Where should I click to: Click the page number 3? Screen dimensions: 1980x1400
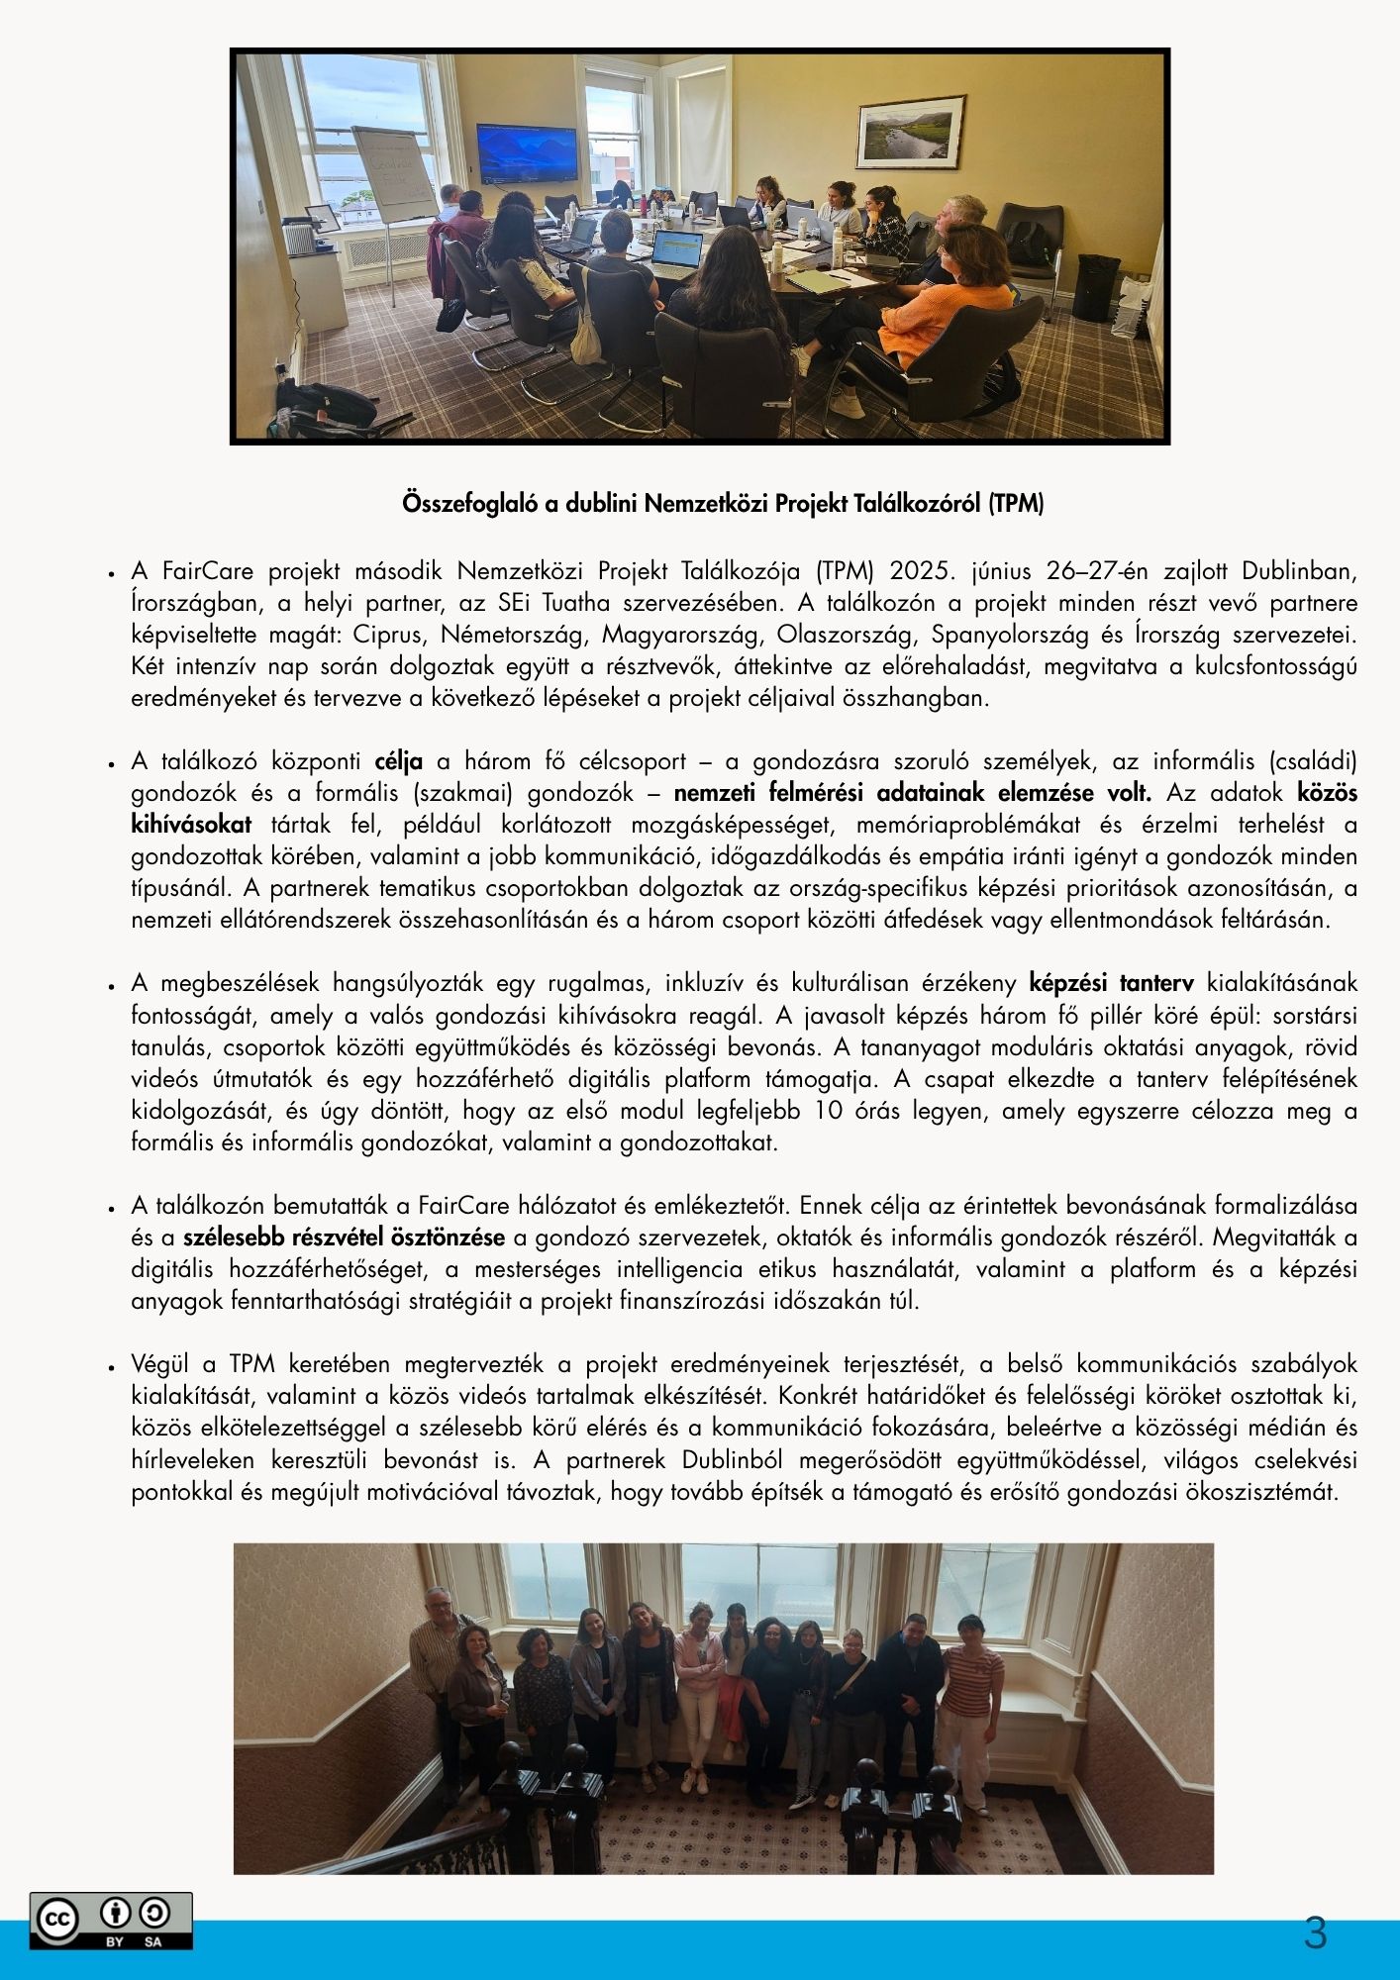pyautogui.click(x=1315, y=1933)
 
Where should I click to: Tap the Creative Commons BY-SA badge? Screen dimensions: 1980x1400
pyautogui.click(x=111, y=1921)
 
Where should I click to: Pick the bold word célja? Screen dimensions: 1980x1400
pyautogui.click(x=399, y=761)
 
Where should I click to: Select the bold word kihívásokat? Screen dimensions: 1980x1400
pyautogui.click(x=191, y=825)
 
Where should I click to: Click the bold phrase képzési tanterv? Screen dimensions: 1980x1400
pyautogui.click(x=1111, y=983)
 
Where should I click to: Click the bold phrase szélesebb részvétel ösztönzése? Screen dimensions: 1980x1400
pyautogui.click(x=344, y=1237)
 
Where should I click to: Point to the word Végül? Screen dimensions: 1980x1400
pyautogui.click(x=159, y=1364)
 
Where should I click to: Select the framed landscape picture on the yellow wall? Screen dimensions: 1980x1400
pyautogui.click(x=910, y=132)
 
